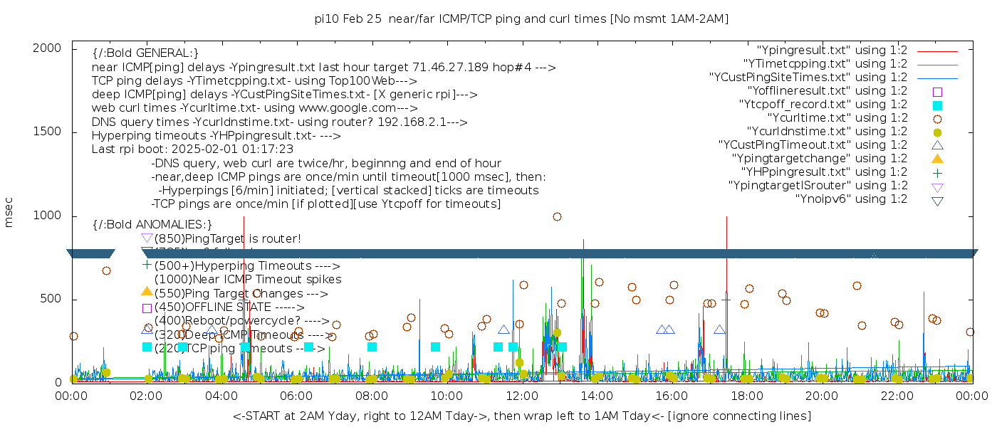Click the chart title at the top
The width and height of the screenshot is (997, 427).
pos(521,19)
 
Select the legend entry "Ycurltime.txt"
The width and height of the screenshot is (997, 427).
pos(837,117)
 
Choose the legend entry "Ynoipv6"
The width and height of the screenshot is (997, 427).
pos(851,199)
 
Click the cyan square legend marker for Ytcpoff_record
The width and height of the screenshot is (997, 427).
pos(937,105)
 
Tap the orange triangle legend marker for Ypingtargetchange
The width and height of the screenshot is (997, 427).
pos(937,158)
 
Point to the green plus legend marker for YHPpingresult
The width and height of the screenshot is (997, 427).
pos(937,172)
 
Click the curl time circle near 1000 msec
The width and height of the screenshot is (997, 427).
pos(557,216)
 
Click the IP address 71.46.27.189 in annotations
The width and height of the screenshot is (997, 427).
pos(450,68)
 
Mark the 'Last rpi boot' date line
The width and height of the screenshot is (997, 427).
pos(192,149)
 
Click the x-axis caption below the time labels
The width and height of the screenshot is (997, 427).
pos(521,416)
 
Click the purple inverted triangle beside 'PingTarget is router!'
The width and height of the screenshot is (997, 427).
pos(147,238)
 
